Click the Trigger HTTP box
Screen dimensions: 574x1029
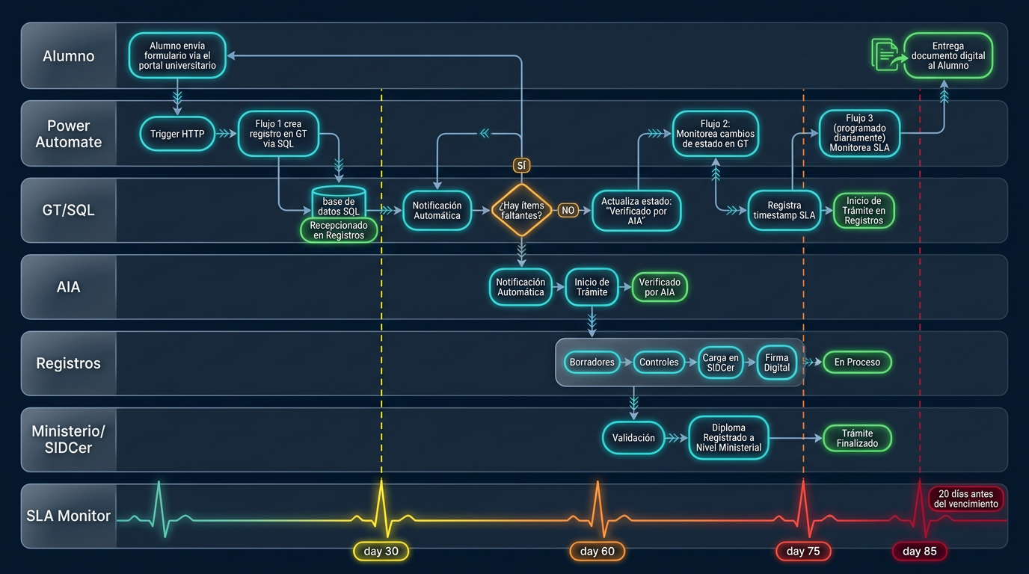(x=177, y=135)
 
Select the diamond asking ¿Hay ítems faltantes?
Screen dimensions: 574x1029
(x=521, y=211)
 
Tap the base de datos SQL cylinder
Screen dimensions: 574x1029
(x=339, y=203)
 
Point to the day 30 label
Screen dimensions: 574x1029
(x=381, y=552)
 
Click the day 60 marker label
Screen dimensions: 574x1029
(x=597, y=552)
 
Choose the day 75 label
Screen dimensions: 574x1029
(x=803, y=552)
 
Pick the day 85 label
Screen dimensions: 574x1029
(x=919, y=552)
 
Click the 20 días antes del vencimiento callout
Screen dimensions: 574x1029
(x=965, y=499)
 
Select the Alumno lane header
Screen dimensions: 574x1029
(x=69, y=56)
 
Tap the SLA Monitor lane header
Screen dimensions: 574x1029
(x=69, y=516)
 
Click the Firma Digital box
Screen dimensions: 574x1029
(x=777, y=362)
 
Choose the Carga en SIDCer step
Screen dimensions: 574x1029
(x=720, y=362)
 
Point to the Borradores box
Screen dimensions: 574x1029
(x=592, y=362)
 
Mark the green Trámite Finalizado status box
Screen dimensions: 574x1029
(x=857, y=438)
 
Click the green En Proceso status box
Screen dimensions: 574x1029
(x=857, y=362)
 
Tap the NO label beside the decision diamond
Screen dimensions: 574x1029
(x=568, y=211)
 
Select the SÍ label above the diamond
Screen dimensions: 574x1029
(x=521, y=165)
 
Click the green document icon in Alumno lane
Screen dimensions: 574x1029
(x=885, y=55)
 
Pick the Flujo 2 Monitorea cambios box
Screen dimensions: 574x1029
(x=715, y=134)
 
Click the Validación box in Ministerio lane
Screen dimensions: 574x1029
(x=633, y=438)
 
